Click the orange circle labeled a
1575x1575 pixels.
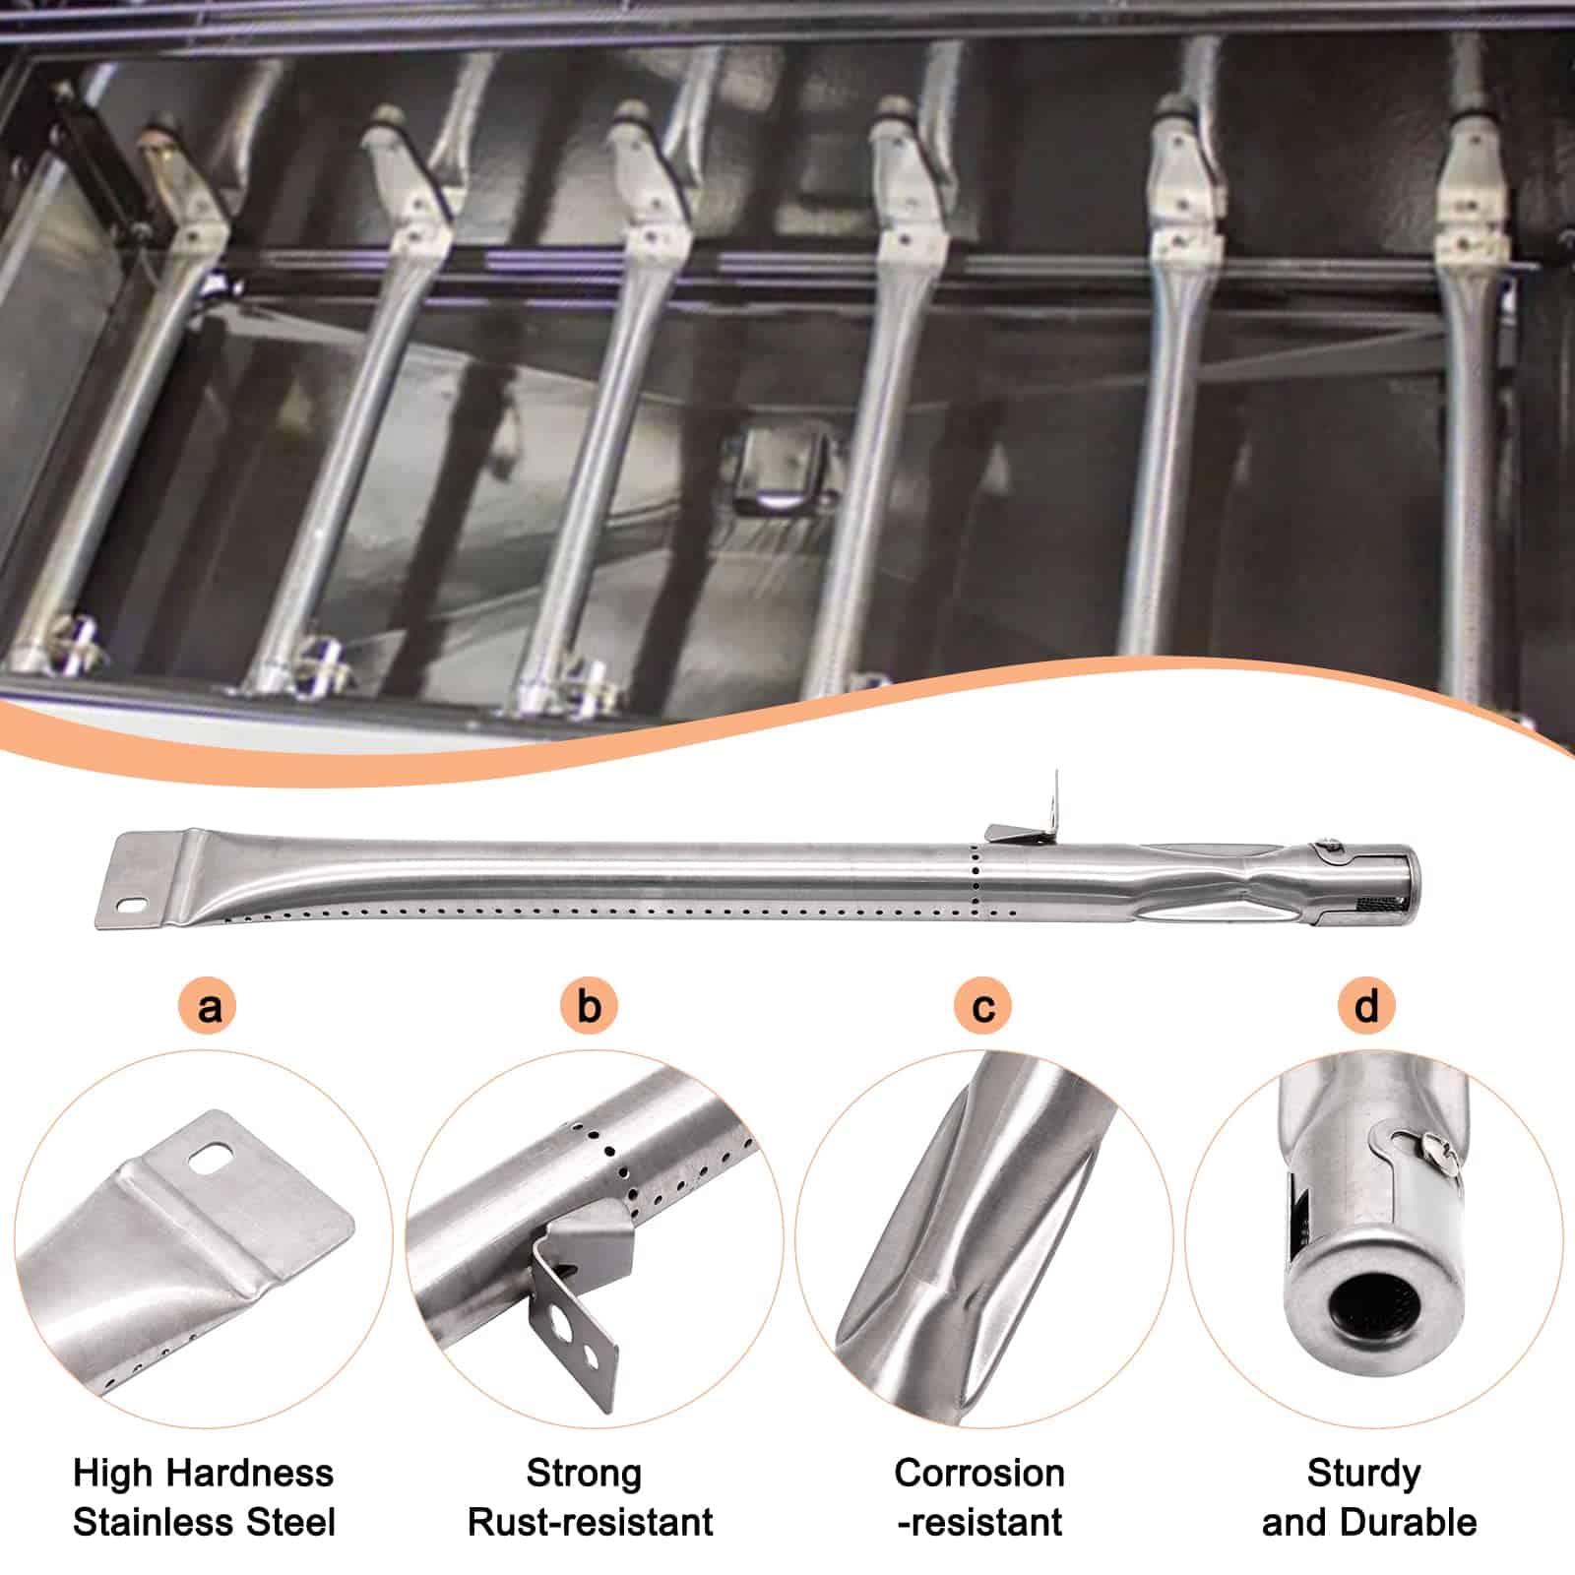[210, 1006]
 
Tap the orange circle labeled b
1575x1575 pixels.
[589, 1006]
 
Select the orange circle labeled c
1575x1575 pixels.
[983, 1006]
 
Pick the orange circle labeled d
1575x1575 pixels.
[1366, 1006]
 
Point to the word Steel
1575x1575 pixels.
[285, 1522]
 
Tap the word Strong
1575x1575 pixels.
[584, 1474]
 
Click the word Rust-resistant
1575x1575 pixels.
[590, 1522]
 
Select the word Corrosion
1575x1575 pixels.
[979, 1474]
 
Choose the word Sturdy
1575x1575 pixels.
[1364, 1474]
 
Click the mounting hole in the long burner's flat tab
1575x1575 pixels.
[132, 901]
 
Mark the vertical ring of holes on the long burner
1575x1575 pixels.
[975, 878]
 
